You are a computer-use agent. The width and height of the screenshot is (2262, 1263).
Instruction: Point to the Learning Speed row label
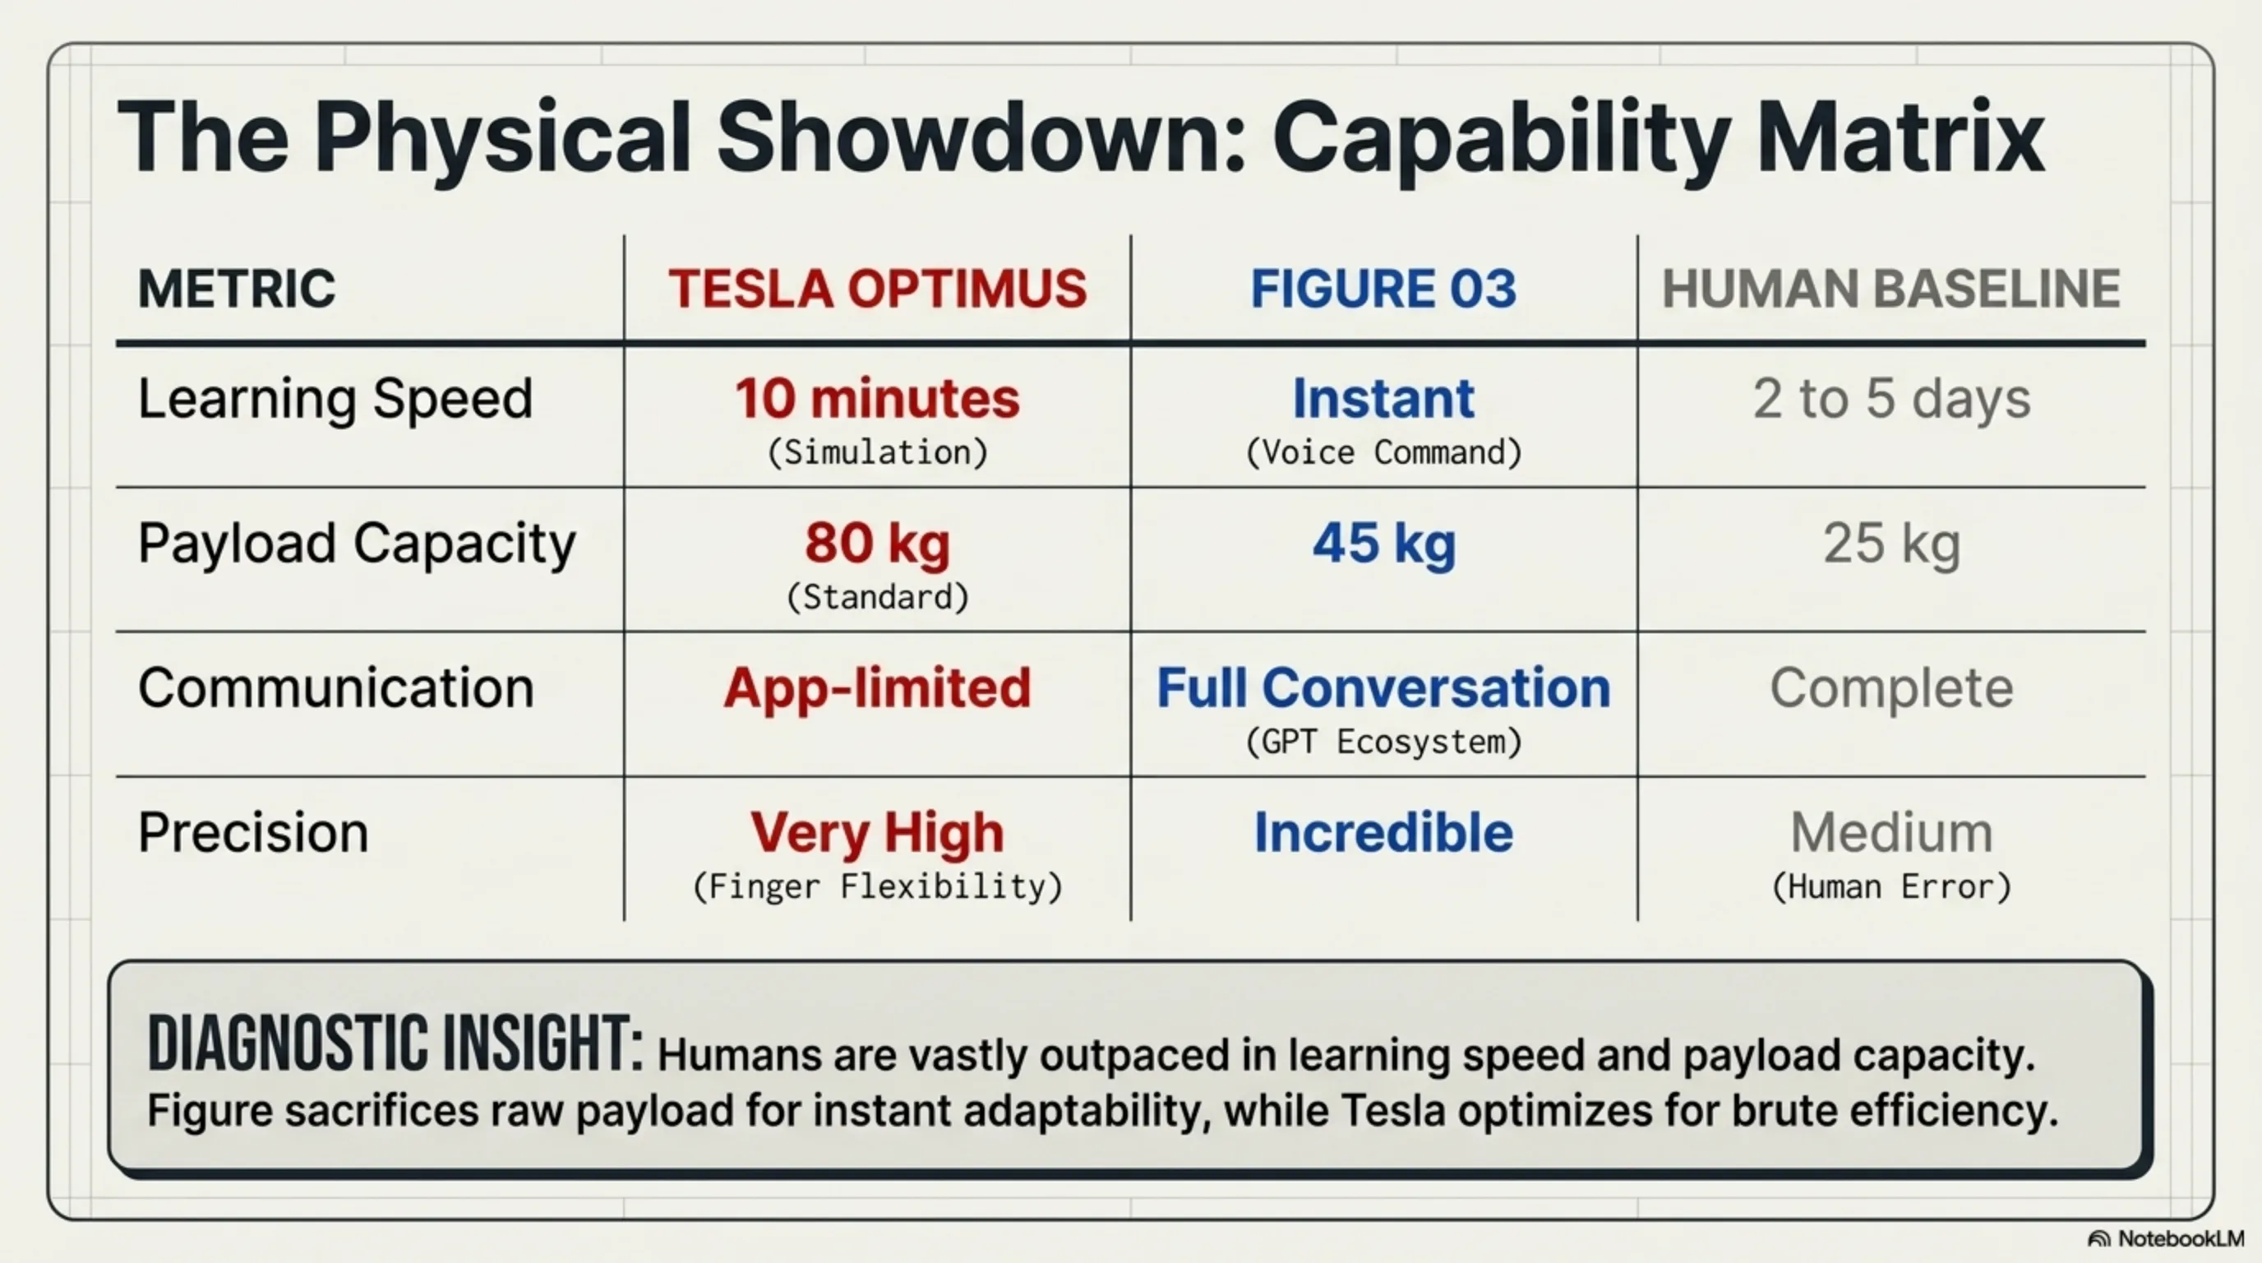335,400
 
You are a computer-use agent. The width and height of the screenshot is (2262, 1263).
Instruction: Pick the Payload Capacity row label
357,544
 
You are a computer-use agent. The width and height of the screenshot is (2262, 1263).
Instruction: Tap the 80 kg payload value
877,544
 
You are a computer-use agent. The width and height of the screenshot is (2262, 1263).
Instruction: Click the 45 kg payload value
1384,544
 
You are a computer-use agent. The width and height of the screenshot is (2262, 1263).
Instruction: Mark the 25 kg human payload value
1891,544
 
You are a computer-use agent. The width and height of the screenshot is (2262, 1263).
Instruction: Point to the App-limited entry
877,689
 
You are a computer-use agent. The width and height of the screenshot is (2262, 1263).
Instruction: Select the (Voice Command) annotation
1384,452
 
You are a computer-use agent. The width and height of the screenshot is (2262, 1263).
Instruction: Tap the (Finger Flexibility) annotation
877,887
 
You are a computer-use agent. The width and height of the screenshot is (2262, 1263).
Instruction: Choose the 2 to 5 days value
1891,400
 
